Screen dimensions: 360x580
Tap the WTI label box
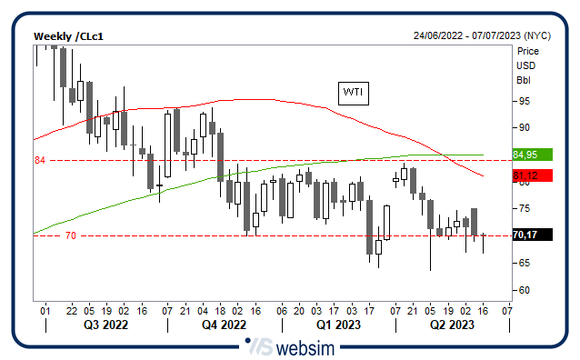(352, 92)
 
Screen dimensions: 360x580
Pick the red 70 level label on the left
(70, 236)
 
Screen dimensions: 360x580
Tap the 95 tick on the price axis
(523, 100)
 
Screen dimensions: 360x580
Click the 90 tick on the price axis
(523, 127)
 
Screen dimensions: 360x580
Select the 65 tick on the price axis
(523, 263)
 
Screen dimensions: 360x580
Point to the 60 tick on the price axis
(523, 290)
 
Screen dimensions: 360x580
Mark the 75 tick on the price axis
(523, 209)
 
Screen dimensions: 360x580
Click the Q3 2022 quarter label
(105, 325)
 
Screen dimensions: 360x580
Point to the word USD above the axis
(525, 65)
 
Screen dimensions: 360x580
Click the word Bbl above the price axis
(524, 79)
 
